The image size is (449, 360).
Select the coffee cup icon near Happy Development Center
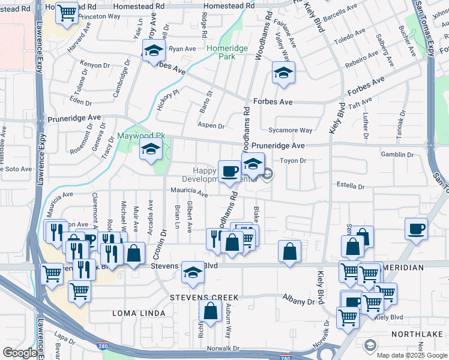[x=229, y=172]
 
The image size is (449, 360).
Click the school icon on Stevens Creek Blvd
[x=193, y=273]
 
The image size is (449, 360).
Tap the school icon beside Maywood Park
[x=151, y=151]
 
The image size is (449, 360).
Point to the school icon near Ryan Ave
[x=154, y=51]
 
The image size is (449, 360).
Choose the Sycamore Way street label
[x=291, y=130]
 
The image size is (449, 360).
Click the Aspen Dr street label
[x=211, y=126]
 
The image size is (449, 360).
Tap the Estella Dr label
[x=351, y=186]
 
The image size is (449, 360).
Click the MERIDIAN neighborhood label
[x=417, y=267]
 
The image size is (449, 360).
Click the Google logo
[x=20, y=353]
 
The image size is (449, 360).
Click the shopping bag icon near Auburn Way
[x=210, y=312]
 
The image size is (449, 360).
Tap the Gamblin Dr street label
[x=397, y=154]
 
